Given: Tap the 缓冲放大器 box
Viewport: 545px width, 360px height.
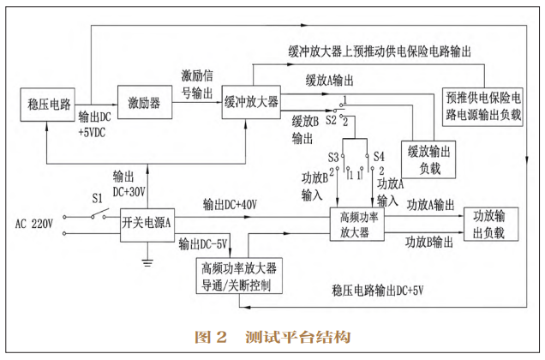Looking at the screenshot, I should coord(250,102).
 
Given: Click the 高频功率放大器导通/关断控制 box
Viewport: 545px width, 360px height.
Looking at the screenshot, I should coord(240,277).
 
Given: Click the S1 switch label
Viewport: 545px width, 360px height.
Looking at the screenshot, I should coord(99,196).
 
